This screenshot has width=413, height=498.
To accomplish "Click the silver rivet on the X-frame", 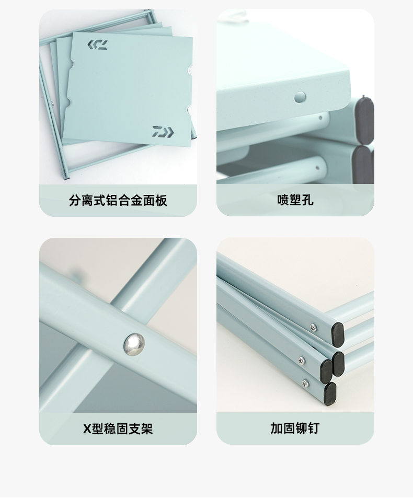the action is point(134,344).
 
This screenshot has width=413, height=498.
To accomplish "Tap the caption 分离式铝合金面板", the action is point(118,201).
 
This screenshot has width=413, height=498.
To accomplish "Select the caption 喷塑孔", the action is point(295,200).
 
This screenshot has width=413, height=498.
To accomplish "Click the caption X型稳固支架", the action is point(118,429).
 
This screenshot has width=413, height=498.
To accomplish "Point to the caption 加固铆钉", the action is point(295,428).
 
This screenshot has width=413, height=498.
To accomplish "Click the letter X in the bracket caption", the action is point(87,429).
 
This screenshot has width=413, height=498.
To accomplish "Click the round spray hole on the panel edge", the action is point(300,97).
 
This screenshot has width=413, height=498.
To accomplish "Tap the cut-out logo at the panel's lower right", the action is point(163,132).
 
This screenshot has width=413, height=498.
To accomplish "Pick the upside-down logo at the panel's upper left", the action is point(98,45).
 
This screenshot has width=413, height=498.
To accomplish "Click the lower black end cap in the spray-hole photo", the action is point(363,165).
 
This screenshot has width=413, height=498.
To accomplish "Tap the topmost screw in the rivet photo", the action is point(314,327).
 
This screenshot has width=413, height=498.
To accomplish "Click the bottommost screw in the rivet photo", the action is point(305,383).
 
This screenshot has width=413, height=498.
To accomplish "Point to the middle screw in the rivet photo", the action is point(301,360).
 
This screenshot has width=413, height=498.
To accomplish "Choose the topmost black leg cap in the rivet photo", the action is point(338,334).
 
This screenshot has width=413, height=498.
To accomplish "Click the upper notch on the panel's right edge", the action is point(190,71).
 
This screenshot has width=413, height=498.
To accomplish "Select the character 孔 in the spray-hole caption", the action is point(307,200).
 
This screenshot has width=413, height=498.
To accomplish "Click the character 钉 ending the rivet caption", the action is point(313,428).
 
